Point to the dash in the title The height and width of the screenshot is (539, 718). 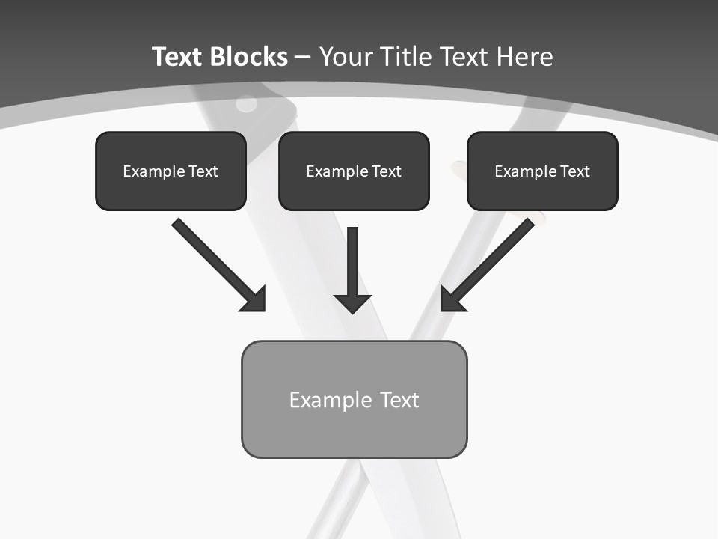(x=304, y=58)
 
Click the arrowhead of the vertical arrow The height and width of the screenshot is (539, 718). (x=353, y=302)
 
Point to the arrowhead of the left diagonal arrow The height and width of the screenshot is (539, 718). (x=254, y=299)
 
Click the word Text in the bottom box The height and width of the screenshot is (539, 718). (x=399, y=400)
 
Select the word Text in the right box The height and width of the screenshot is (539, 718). (x=575, y=171)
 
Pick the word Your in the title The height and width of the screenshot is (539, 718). (x=345, y=57)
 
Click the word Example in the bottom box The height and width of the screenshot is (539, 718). (x=331, y=400)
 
